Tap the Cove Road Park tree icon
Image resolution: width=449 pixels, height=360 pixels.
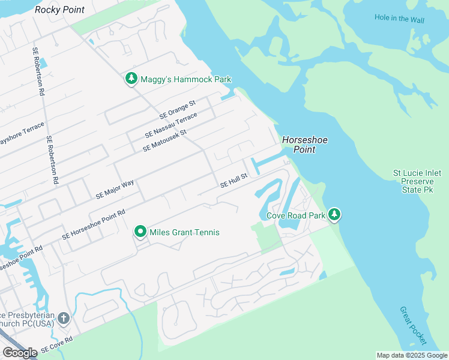(334, 215)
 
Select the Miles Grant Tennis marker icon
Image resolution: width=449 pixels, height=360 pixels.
(140, 232)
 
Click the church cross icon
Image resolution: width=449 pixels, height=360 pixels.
(64, 318)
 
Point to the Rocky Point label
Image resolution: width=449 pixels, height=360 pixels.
(59, 10)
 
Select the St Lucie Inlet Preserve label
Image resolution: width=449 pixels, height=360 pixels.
(417, 181)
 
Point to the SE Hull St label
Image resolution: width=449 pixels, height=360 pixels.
(234, 181)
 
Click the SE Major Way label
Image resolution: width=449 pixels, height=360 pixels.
(115, 190)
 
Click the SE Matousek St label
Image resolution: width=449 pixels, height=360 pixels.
(165, 140)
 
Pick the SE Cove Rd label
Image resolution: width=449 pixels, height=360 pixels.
(56, 344)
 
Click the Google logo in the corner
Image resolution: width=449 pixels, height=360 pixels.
(20, 353)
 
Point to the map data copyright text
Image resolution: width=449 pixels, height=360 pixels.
(412, 355)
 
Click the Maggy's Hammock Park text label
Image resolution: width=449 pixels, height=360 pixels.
(185, 79)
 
